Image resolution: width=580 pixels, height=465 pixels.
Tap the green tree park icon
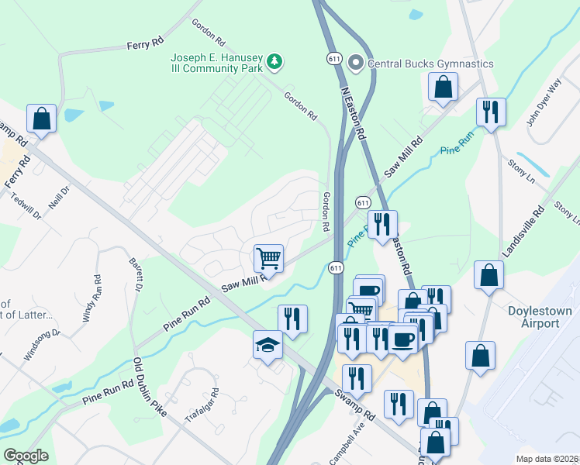click(273, 60)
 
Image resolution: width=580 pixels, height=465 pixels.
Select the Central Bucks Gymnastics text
click(430, 63)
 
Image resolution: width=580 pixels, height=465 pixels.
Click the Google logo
click(26, 456)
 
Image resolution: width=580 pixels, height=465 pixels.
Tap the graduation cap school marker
click(268, 346)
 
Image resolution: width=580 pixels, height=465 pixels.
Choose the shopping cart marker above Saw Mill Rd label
click(268, 257)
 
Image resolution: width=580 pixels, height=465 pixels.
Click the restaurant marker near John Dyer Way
click(491, 112)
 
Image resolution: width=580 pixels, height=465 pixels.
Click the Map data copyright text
click(547, 459)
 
